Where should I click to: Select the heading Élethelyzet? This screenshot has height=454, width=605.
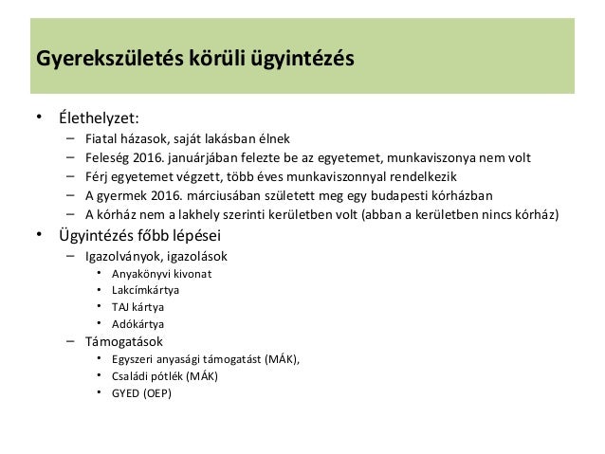pyautogui.click(x=98, y=118)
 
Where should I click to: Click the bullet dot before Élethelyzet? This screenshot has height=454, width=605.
pyautogui.click(x=39, y=118)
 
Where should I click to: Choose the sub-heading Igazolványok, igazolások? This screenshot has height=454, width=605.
pyautogui.click(x=160, y=256)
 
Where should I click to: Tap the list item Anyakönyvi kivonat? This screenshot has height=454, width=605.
pyautogui.click(x=162, y=275)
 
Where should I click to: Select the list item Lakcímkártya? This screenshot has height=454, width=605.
pyautogui.click(x=145, y=290)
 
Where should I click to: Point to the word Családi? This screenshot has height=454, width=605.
pyautogui.click(x=132, y=375)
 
